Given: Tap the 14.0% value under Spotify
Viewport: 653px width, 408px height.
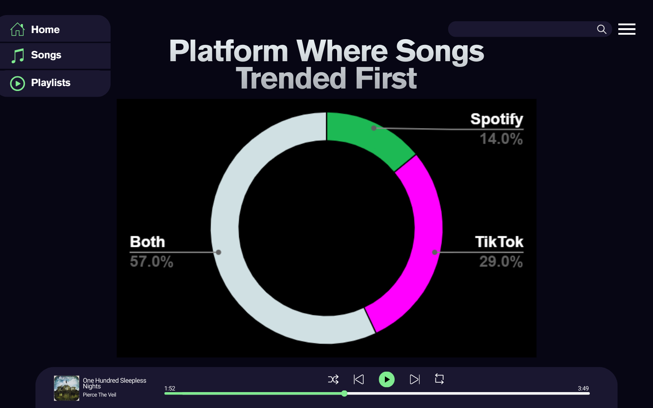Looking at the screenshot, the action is [x=501, y=139].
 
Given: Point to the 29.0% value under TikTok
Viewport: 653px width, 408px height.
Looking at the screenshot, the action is [x=501, y=262].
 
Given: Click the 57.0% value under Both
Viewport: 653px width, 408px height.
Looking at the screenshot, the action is [x=151, y=262].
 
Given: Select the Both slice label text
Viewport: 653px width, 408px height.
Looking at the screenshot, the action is [x=147, y=242].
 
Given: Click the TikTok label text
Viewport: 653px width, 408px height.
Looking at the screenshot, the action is [x=499, y=242].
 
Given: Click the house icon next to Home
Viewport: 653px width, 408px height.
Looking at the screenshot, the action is [x=18, y=29].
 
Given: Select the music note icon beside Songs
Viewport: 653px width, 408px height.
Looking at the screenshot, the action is [x=18, y=55].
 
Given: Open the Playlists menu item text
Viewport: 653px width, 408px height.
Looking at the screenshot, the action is [x=51, y=83].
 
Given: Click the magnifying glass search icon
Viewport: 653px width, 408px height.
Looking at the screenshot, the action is [x=602, y=29].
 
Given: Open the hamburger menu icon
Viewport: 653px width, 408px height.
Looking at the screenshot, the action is [x=627, y=29].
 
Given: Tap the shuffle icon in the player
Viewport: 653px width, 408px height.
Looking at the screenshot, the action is [x=333, y=379].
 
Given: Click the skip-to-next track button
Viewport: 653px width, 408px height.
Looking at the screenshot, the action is [x=415, y=379].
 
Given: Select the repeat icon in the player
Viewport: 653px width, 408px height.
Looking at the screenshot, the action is [x=439, y=379].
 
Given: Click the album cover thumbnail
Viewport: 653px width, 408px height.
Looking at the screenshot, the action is [x=67, y=388].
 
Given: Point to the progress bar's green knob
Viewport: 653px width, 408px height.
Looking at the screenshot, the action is [x=344, y=393].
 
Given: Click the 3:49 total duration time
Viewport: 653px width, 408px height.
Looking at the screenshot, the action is [x=583, y=388].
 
